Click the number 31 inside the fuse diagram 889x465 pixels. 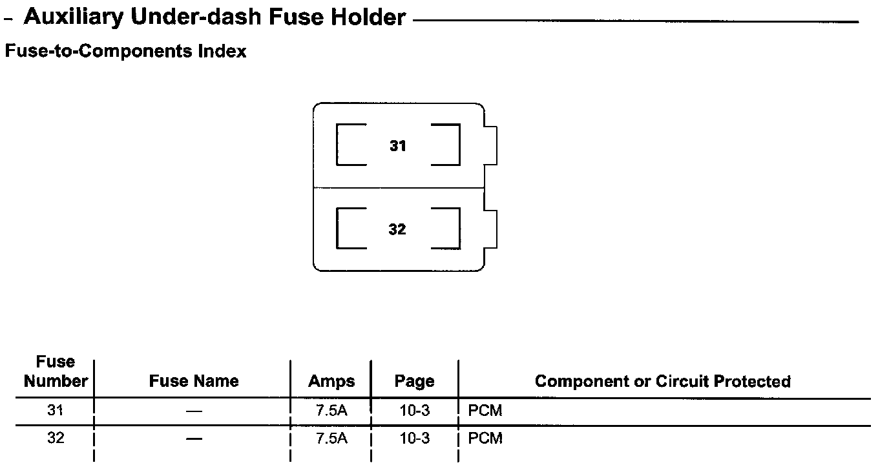(x=398, y=147)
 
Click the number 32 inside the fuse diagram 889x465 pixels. (x=397, y=229)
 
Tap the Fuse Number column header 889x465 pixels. (x=56, y=372)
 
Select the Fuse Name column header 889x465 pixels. (x=194, y=381)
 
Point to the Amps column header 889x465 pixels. (x=331, y=381)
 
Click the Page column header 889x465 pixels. (x=414, y=381)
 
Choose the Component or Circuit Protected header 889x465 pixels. (x=663, y=381)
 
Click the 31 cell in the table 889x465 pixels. (x=56, y=410)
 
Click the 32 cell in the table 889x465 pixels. (x=56, y=438)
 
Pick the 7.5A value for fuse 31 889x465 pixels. (x=331, y=411)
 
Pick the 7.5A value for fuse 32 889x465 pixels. (x=331, y=439)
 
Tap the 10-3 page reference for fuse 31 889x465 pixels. (x=414, y=411)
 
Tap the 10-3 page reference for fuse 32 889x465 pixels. (x=414, y=439)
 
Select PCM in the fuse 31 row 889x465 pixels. (x=485, y=411)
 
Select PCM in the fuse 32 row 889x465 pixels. (x=485, y=439)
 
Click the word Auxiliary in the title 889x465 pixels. (x=73, y=17)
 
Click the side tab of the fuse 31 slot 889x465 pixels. (x=490, y=146)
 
